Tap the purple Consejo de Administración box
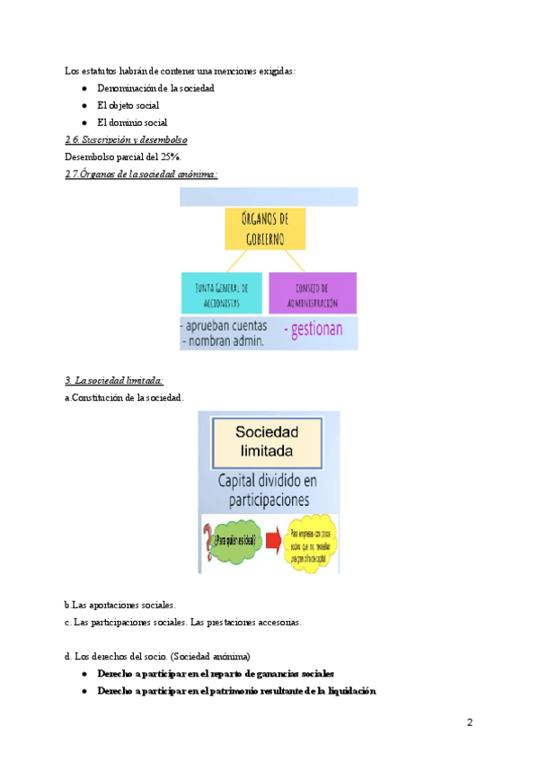tap(312, 293)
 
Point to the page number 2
tap(469, 722)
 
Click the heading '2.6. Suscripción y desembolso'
tap(126, 140)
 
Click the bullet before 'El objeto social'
tap(84, 106)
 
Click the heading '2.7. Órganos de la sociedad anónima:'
tap(142, 173)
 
